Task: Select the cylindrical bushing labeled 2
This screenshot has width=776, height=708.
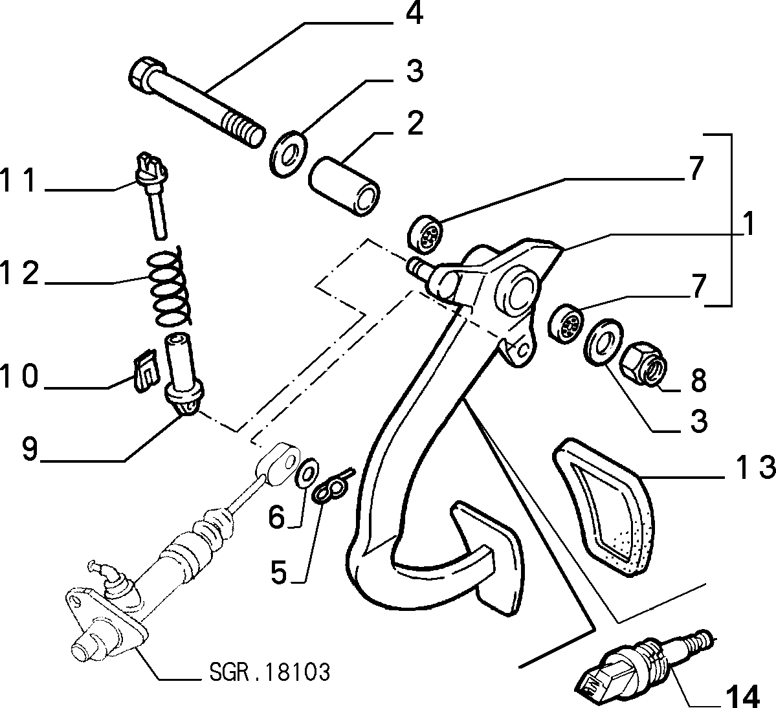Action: point(344,186)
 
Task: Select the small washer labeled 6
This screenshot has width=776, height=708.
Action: point(307,474)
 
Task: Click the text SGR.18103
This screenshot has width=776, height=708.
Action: point(269,672)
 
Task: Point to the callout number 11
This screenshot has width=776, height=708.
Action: point(19,180)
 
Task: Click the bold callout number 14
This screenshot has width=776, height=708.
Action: point(742,696)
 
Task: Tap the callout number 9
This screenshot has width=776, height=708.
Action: point(30,448)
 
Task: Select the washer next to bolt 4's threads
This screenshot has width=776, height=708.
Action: point(289,152)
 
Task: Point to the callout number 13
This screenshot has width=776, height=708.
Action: point(750,467)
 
